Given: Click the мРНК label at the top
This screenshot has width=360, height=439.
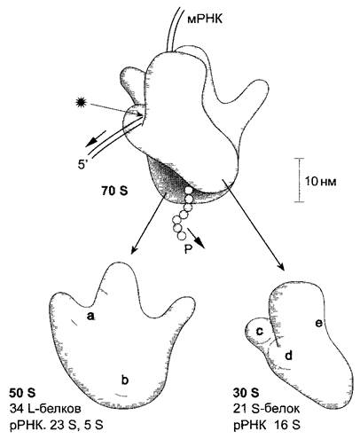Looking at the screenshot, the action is point(204,20).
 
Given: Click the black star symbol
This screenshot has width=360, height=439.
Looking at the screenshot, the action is point(81,103).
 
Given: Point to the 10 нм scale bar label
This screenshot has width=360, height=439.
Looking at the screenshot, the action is point(320,181).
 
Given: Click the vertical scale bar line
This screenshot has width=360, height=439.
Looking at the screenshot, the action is point(299,180).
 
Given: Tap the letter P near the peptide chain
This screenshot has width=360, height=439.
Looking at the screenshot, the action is point(188,249).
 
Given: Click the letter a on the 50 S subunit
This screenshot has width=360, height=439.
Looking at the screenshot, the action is point(90,316).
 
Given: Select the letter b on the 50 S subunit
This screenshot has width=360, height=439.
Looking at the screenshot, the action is point(125,379).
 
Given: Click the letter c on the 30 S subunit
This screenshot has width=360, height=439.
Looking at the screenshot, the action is point(259,332).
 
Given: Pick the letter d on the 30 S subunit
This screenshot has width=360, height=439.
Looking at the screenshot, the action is point(288,355).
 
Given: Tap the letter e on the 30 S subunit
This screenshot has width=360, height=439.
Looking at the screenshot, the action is point(318,324).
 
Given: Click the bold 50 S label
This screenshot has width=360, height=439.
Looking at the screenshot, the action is point(22,393).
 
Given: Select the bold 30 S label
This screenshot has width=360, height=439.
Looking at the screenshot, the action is point(246,393).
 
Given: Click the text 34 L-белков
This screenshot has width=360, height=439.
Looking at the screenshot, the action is point(45,409).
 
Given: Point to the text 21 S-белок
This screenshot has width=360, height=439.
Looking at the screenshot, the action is point(267,409).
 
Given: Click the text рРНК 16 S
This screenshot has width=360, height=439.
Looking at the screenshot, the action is point(267,425).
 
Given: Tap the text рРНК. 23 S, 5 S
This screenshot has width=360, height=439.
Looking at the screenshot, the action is point(56,425).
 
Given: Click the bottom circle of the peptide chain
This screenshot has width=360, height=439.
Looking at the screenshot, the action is point(182,236).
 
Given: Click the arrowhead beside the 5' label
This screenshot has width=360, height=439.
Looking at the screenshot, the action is point(90,144).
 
